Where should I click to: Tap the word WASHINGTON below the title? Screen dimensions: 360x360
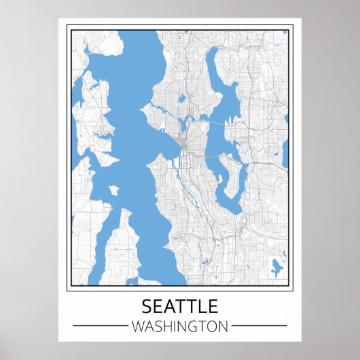point(180,326)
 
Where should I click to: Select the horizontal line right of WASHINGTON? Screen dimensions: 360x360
point(260,326)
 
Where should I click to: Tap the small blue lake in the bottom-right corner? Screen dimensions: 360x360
point(276,266)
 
